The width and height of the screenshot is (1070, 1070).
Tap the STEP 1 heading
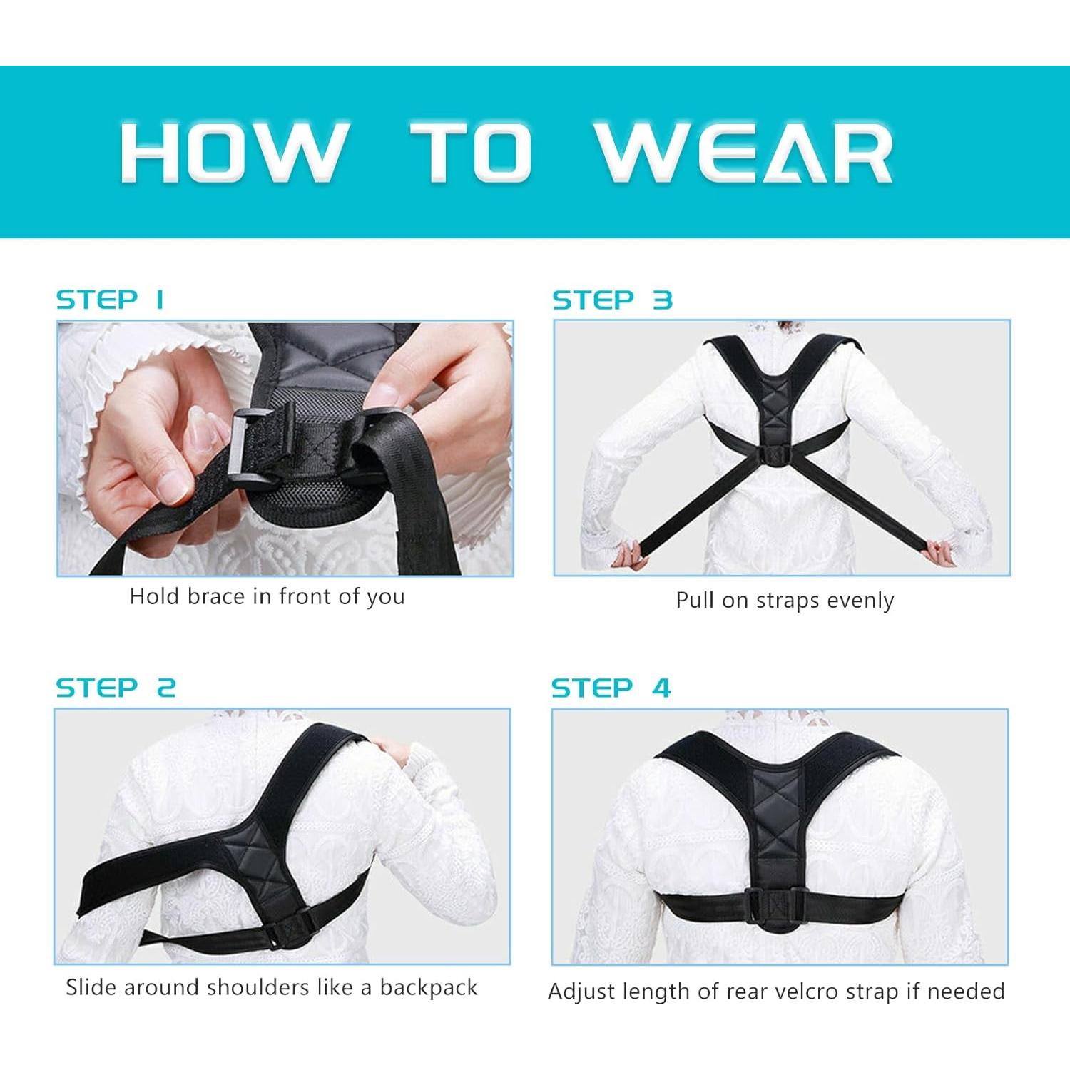coord(111,300)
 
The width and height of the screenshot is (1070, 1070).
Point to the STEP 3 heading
coord(612,300)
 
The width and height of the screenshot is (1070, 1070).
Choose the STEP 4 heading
coord(611,688)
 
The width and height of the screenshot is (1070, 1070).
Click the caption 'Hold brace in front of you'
coord(267,596)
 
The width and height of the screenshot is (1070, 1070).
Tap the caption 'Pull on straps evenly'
coord(785,601)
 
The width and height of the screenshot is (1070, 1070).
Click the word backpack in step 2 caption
coord(429,988)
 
